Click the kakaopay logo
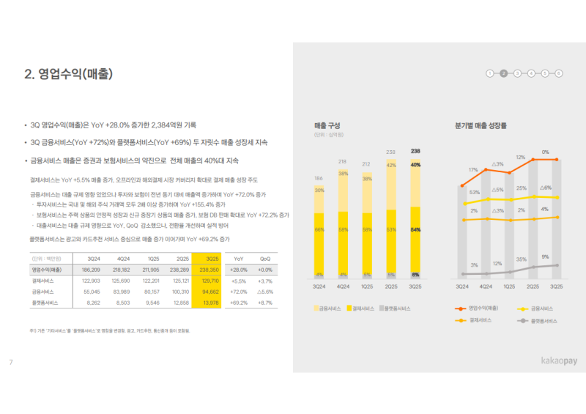[546, 361]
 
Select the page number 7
[11, 362]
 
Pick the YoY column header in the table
[238, 259]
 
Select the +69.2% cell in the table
[238, 302]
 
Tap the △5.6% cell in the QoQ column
[265, 292]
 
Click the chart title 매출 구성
[327, 126]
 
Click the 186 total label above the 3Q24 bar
[319, 178]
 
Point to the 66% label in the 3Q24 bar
[319, 229]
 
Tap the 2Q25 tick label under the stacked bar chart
[392, 287]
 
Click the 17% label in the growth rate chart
[473, 170]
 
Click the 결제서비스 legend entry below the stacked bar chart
[364, 308]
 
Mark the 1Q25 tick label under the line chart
[509, 287]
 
